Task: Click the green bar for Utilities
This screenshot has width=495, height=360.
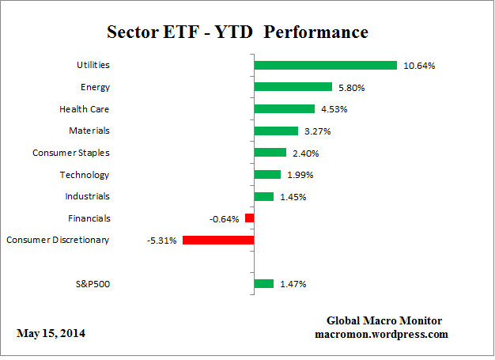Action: pyautogui.click(x=325, y=65)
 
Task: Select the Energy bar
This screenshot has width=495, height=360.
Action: pyautogui.click(x=293, y=87)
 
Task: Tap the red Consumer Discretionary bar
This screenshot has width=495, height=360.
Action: pyautogui.click(x=217, y=240)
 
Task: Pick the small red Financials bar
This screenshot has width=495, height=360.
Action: pyautogui.click(x=249, y=218)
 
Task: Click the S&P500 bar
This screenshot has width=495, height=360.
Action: pyautogui.click(x=263, y=283)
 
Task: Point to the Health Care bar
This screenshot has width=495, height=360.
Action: pyautogui.click(x=284, y=108)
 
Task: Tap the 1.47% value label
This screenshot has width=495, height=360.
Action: pyautogui.click(x=294, y=284)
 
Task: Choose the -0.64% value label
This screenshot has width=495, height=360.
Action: pyautogui.click(x=225, y=218)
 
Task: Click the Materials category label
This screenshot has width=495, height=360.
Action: pyautogui.click(x=89, y=131)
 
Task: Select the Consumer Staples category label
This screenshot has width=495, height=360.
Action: pyautogui.click(x=71, y=153)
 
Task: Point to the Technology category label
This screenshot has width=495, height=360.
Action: pyautogui.click(x=85, y=174)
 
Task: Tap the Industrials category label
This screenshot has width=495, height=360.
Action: pyautogui.click(x=87, y=196)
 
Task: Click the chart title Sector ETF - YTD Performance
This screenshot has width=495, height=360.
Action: pyautogui.click(x=237, y=32)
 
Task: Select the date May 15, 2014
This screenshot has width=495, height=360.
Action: pyautogui.click(x=51, y=334)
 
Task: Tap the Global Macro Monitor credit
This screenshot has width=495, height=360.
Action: pyautogui.click(x=384, y=321)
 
